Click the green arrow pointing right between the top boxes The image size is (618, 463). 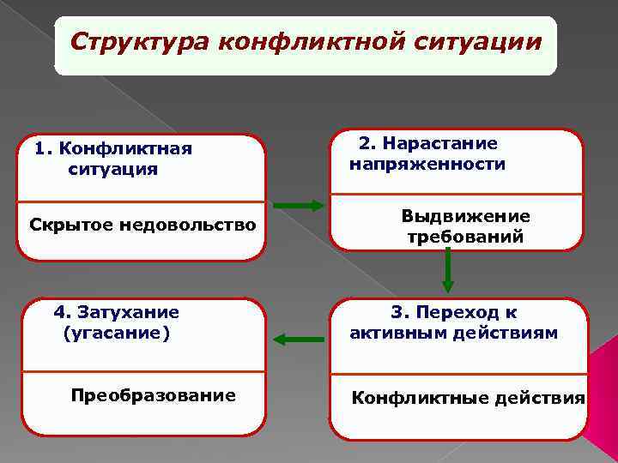click(x=298, y=205)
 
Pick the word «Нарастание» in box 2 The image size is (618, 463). click(x=440, y=143)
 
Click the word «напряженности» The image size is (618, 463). click(x=427, y=163)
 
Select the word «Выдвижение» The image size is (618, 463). click(x=465, y=217)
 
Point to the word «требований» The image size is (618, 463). click(x=465, y=237)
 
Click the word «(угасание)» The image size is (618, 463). click(x=117, y=332)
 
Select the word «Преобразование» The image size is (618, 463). click(x=154, y=395)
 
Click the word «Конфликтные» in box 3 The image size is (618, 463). click(x=409, y=398)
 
